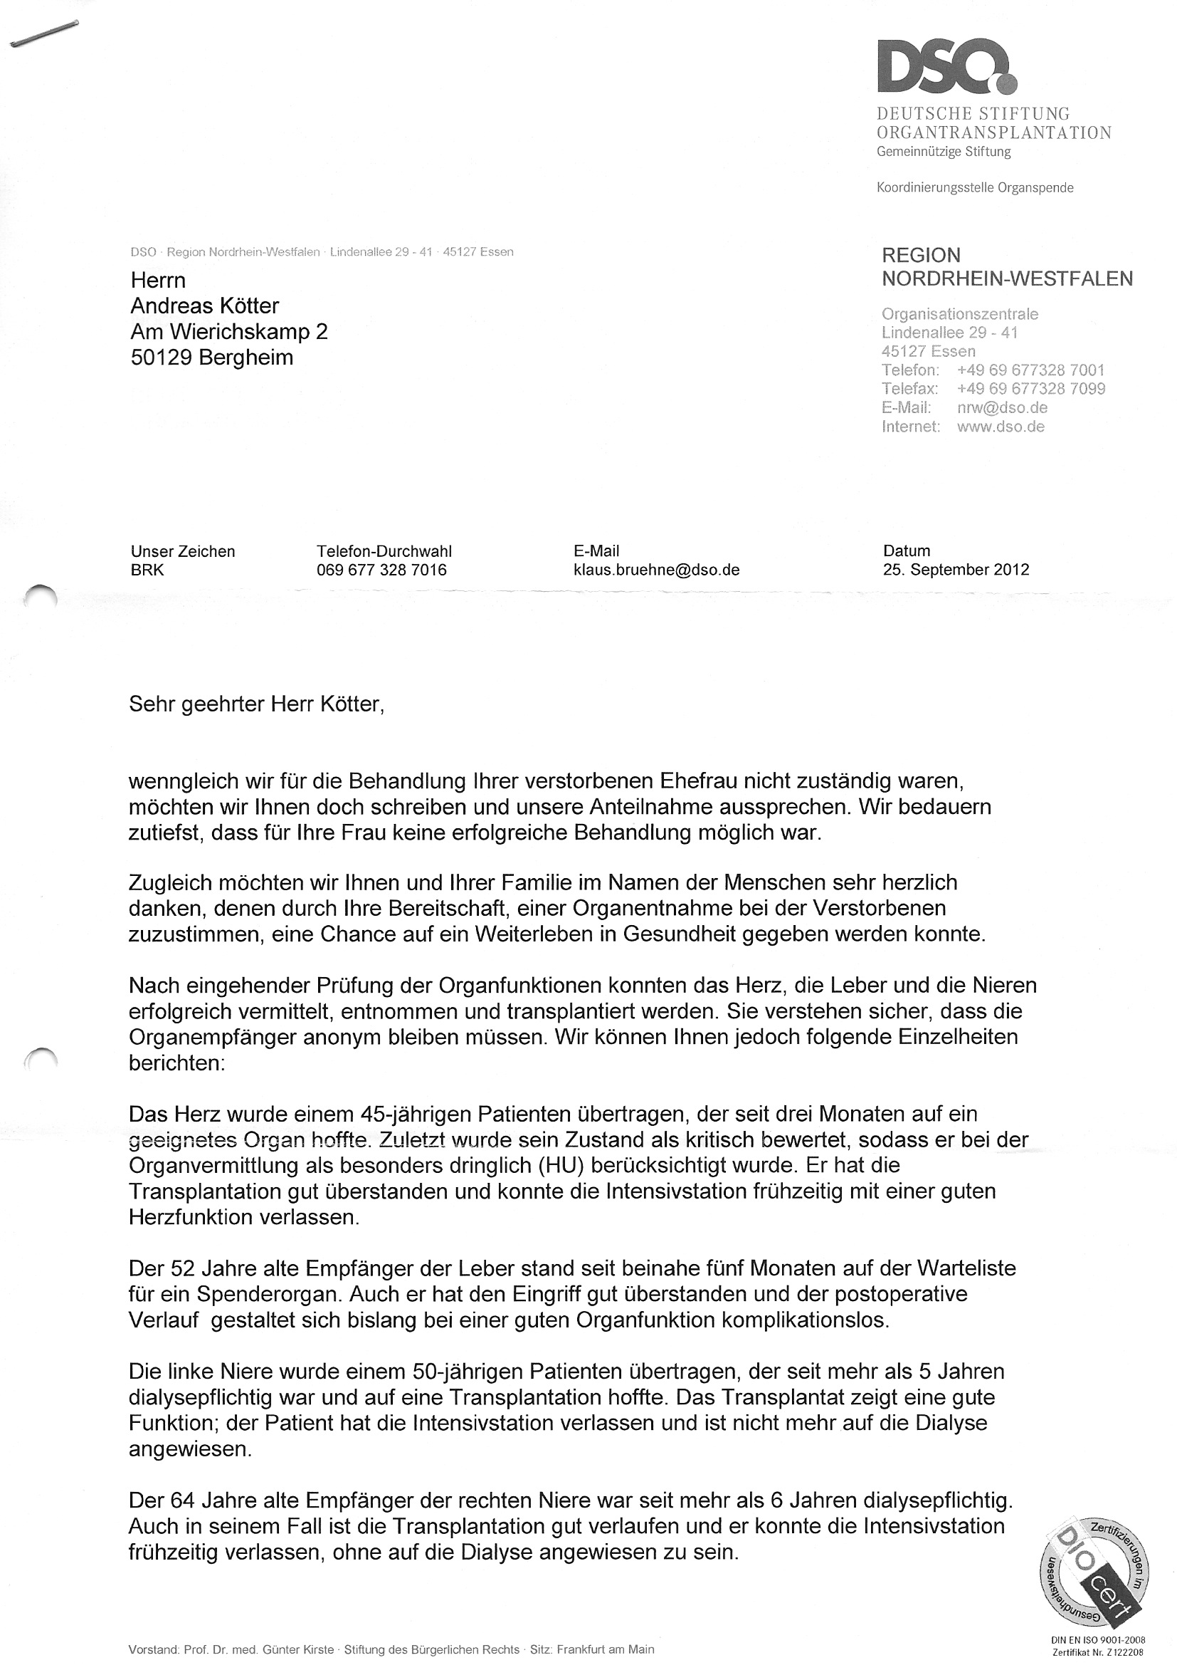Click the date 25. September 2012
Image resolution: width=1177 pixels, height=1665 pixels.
pos(956,569)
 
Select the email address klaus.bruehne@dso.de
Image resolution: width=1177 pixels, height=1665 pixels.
pos(656,569)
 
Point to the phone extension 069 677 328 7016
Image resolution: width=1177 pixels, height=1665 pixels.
pos(381,569)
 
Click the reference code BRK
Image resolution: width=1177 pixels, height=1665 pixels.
pos(147,569)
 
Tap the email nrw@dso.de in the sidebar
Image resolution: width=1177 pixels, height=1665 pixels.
pos(1002,407)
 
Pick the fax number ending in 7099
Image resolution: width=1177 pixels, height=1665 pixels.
pos(1030,389)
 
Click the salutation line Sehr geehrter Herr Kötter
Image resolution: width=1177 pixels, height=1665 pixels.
pos(256,704)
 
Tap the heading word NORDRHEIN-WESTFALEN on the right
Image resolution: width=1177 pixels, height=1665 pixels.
pos(1007,278)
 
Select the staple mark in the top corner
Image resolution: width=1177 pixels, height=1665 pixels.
pos(43,36)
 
